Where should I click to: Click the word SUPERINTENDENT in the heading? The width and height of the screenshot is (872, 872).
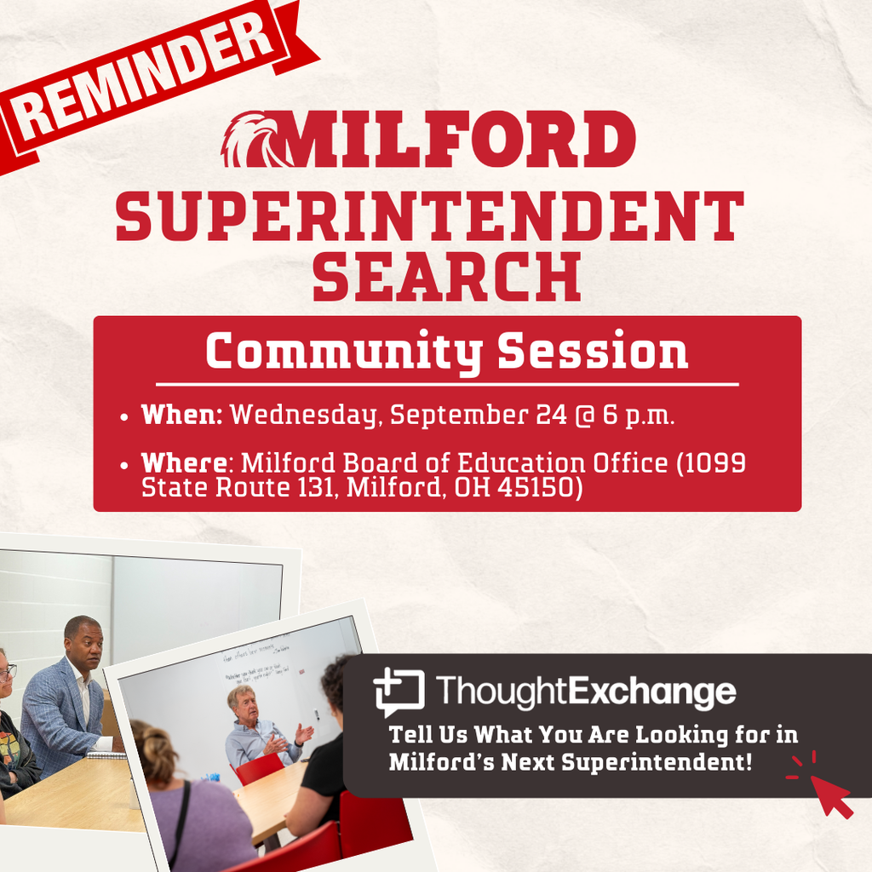(430, 217)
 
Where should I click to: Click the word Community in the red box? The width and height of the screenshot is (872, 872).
(344, 351)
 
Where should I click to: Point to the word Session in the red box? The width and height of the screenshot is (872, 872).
(593, 351)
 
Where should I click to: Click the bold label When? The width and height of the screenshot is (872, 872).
(181, 415)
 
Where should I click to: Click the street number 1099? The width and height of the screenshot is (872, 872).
(714, 463)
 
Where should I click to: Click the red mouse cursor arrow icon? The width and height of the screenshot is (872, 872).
(829, 794)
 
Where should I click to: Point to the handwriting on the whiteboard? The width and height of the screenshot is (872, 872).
(255, 664)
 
